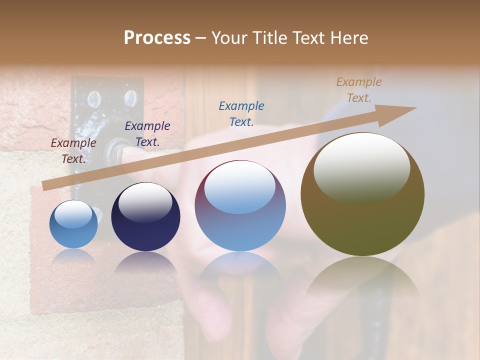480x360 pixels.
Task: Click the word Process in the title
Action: [157, 38]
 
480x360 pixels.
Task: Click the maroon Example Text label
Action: [73, 151]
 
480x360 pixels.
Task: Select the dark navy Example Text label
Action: [147, 134]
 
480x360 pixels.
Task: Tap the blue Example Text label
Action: [241, 113]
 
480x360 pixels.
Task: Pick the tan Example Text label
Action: [359, 90]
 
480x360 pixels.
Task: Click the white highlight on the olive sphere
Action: [361, 167]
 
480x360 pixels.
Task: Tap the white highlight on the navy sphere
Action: [145, 201]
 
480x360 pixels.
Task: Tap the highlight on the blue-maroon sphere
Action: [240, 187]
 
